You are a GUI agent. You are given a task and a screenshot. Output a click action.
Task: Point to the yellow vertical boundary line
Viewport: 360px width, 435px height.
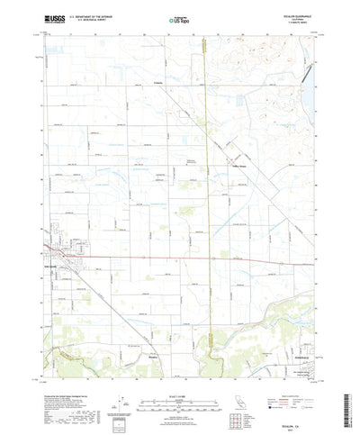pyautogui.click(x=208, y=180)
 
